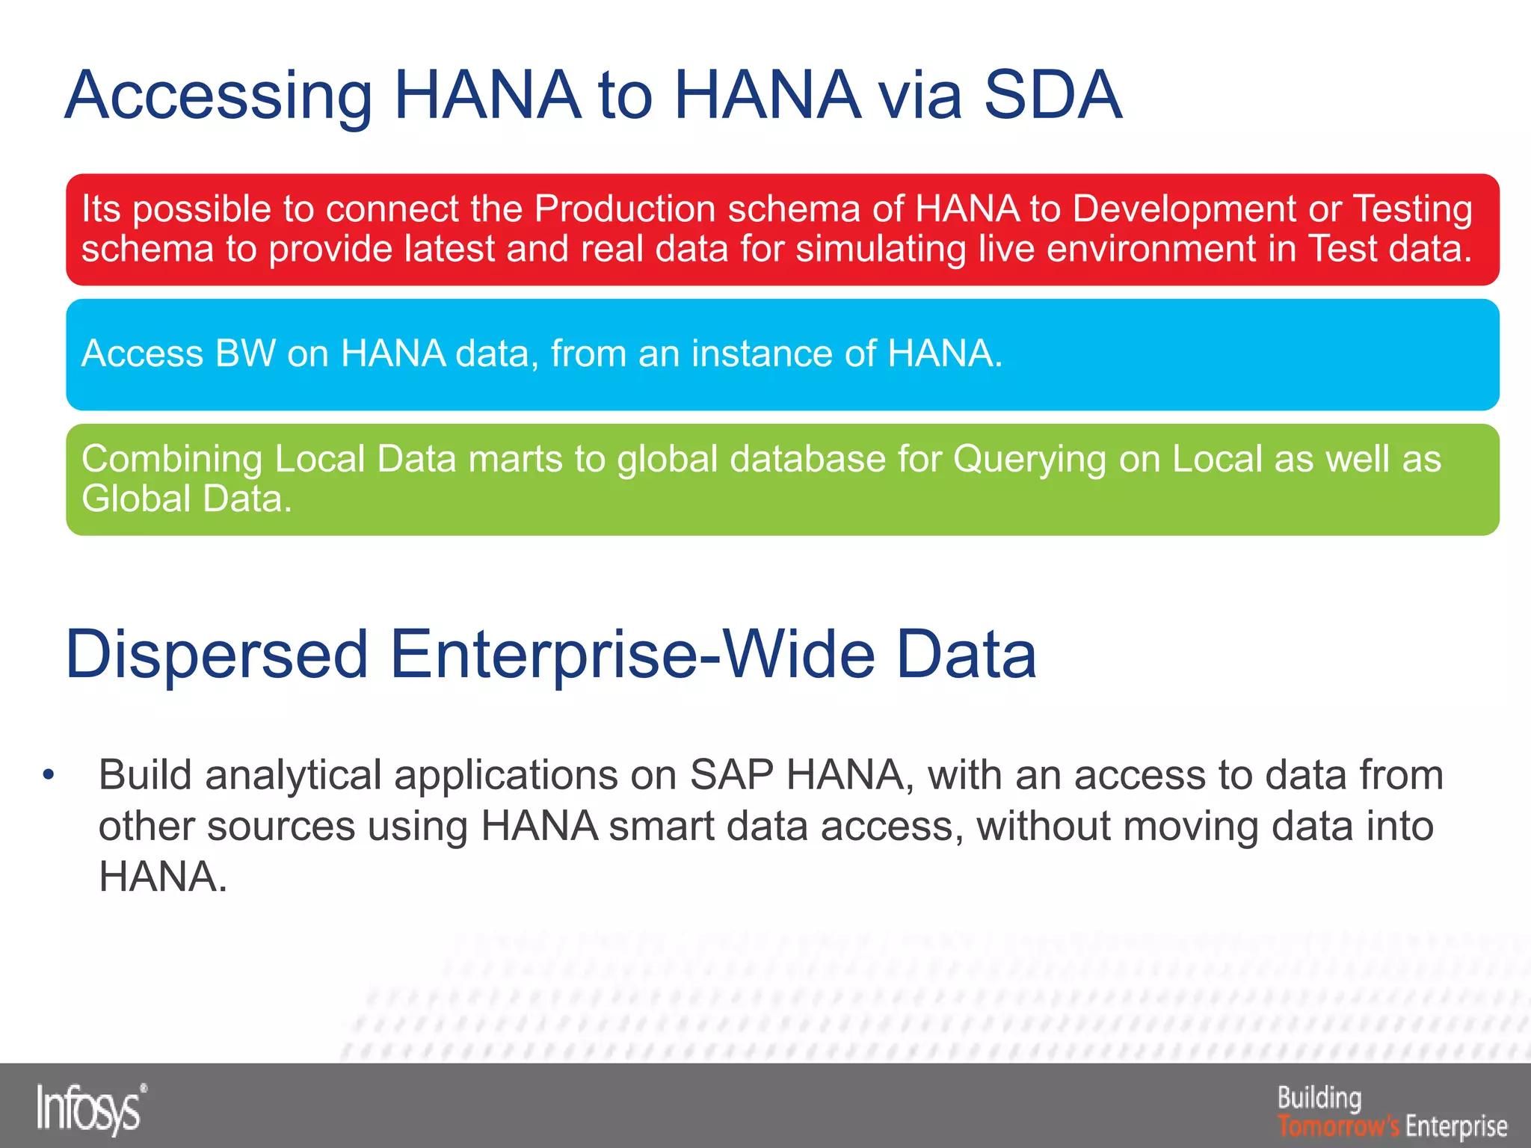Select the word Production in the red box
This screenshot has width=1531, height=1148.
(624, 209)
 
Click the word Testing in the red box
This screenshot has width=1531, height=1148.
(1412, 209)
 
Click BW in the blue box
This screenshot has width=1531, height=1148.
(245, 354)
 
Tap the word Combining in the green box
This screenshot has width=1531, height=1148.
(171, 460)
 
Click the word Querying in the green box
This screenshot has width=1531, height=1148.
(1029, 460)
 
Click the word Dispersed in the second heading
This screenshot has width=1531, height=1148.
(217, 655)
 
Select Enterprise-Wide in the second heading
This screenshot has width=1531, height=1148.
(632, 655)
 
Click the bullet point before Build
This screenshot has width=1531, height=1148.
(49, 775)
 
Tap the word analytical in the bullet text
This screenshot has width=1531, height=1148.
(293, 776)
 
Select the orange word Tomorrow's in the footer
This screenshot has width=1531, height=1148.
(1337, 1125)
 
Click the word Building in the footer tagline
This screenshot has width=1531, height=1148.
(1319, 1098)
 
